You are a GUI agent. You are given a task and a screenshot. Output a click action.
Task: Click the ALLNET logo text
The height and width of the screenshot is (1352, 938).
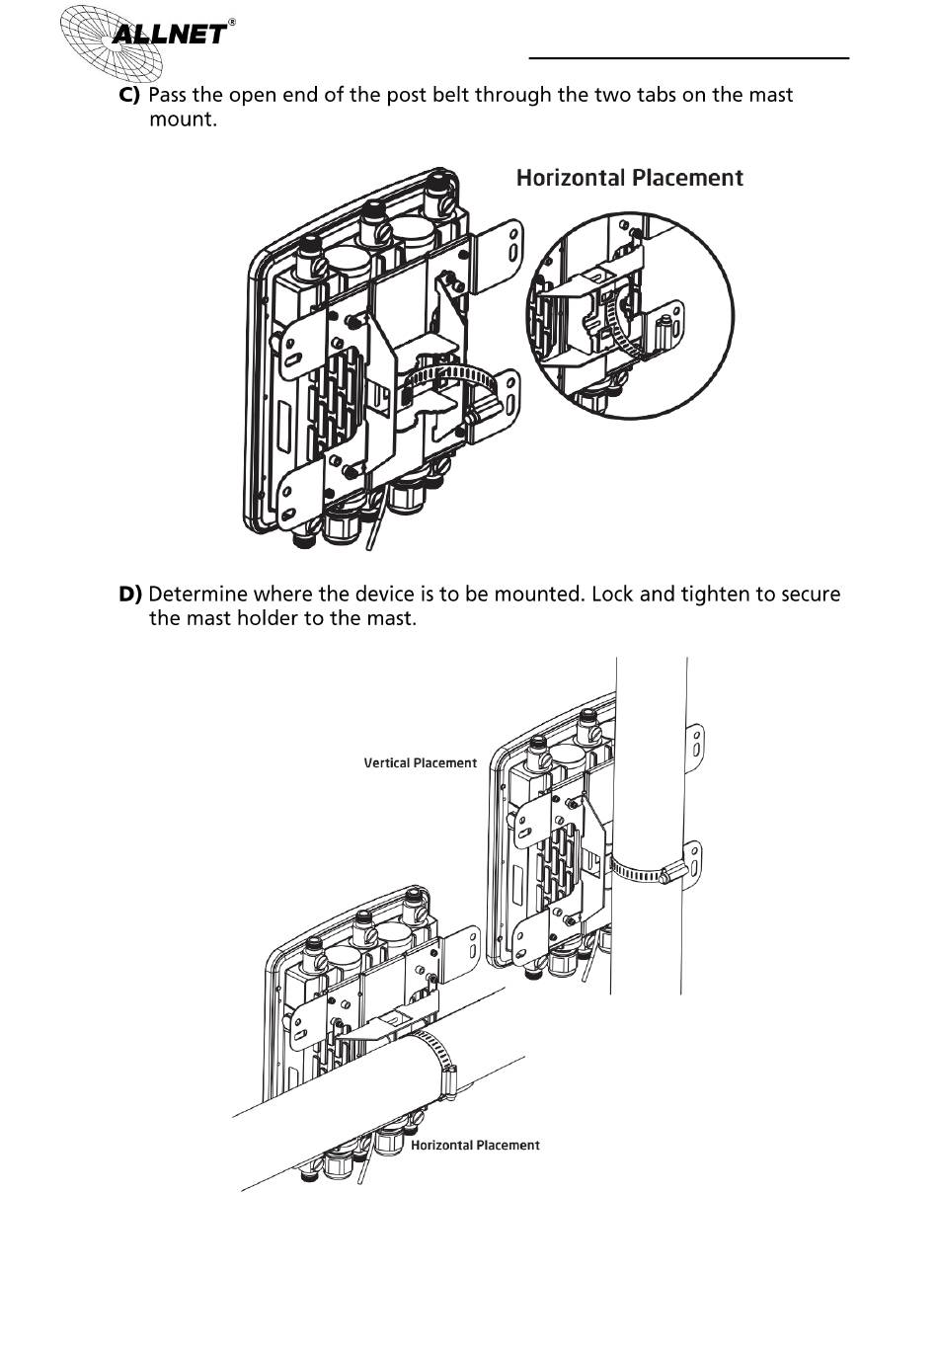170,34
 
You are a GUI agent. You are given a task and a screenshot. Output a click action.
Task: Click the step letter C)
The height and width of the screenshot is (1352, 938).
129,95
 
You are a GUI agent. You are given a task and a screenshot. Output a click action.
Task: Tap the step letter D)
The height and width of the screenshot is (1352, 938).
129,594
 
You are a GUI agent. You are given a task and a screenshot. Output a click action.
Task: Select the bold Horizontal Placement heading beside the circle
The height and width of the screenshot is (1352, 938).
630,178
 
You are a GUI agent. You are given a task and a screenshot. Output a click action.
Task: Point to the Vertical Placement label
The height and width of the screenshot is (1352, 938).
420,763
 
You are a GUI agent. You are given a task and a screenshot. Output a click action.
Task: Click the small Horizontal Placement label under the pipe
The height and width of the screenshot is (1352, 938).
475,1145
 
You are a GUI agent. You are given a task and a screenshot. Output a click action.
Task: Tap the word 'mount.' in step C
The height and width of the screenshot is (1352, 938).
183,119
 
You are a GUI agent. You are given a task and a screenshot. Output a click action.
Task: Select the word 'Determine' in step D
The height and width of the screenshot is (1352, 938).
198,594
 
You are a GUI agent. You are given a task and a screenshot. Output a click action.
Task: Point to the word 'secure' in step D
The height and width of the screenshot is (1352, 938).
810,596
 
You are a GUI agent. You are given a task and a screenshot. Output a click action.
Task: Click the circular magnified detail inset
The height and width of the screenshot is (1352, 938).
630,314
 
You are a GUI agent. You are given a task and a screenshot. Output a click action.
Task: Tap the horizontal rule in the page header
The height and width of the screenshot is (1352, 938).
689,58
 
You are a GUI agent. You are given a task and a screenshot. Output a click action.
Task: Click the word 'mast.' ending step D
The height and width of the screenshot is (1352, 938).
392,618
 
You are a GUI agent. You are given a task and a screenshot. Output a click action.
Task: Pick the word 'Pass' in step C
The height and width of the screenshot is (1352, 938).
167,95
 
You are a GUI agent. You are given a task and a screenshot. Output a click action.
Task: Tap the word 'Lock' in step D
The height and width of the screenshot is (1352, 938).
612,594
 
